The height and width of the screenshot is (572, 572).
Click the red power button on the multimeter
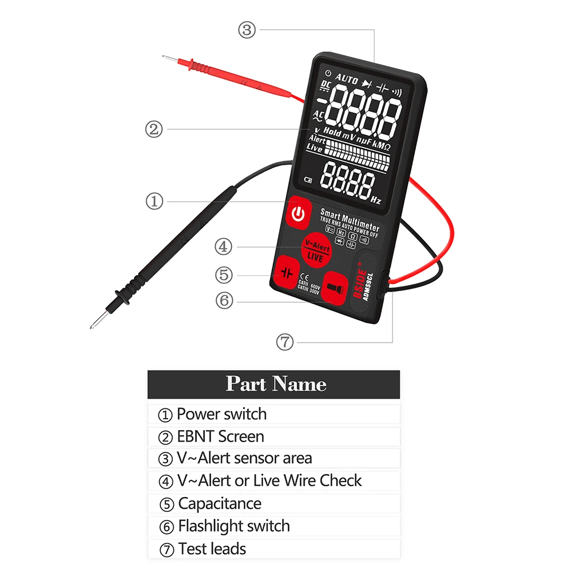(x=297, y=214)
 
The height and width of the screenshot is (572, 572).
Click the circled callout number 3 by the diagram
(x=247, y=30)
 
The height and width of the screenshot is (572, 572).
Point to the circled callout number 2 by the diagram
(x=154, y=129)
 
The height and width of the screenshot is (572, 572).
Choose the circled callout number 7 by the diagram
(x=284, y=342)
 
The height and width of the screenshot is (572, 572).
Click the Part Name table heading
(x=276, y=384)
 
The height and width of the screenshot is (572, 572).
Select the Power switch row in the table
(x=221, y=414)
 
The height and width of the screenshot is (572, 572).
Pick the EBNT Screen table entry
(x=220, y=436)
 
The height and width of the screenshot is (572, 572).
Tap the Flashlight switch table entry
(x=233, y=526)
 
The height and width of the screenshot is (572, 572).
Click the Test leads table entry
(x=212, y=549)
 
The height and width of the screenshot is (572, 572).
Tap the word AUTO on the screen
(x=347, y=79)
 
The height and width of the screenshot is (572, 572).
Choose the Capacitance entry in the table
(x=220, y=504)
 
